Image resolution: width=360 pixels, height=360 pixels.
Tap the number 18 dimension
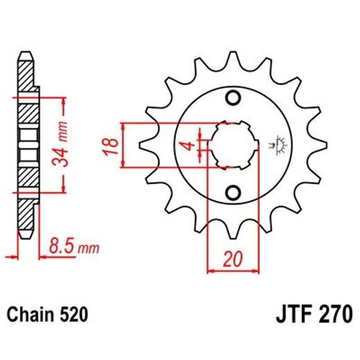click(111, 145)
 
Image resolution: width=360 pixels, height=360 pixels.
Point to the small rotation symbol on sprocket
click(282, 144)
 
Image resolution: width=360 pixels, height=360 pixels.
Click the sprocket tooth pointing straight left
click(147, 145)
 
